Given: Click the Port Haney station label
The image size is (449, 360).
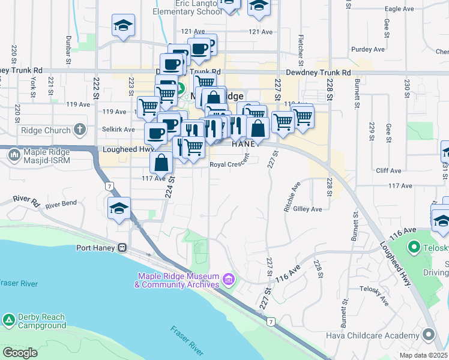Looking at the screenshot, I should [x=96, y=247].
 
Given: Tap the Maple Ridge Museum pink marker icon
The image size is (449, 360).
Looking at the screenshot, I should [x=228, y=280].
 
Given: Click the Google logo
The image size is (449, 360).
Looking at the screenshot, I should [x=20, y=353].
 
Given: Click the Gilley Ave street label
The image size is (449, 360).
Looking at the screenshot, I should [x=307, y=209].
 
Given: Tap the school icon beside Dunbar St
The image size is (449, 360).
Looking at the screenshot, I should [x=123, y=25].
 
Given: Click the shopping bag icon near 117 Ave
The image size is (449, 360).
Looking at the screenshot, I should [x=161, y=162].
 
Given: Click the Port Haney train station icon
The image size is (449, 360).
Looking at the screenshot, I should [x=122, y=247].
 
